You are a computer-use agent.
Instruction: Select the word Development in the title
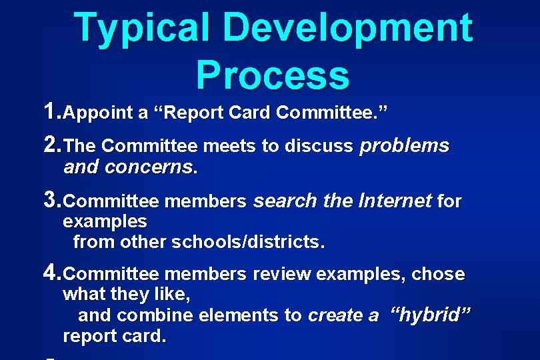tap(347, 28)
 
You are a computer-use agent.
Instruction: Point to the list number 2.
tap(51, 145)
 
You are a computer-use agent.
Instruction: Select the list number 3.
tap(51, 199)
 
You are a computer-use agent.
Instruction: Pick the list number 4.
tap(51, 273)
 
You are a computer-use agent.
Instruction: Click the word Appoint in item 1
tap(99, 113)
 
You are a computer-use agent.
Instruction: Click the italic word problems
tap(404, 146)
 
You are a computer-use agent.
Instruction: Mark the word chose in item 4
tap(438, 274)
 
